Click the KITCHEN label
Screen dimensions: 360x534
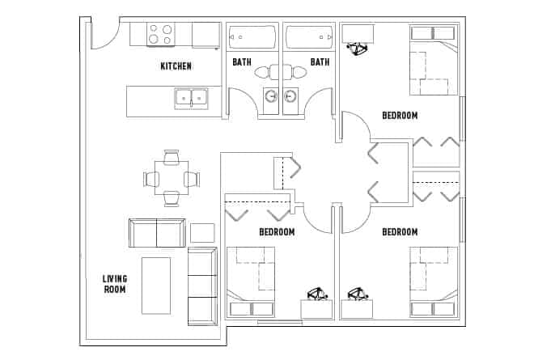click(x=176, y=66)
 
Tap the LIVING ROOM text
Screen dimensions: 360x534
click(x=114, y=284)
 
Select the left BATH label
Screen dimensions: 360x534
click(x=241, y=61)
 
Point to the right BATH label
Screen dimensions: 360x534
click(x=320, y=61)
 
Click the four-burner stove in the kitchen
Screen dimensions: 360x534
click(x=160, y=35)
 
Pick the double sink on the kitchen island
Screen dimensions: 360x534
click(x=191, y=98)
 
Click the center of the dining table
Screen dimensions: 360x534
click(x=171, y=179)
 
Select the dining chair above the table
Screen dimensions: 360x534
click(x=171, y=158)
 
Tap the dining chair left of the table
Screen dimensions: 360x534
click(x=150, y=179)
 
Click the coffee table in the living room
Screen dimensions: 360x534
click(x=156, y=285)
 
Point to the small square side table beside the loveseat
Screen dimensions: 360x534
click(x=202, y=232)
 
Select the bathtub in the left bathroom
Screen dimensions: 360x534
click(x=252, y=37)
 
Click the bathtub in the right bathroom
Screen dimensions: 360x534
click(x=310, y=37)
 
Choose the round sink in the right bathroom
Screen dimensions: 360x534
click(x=291, y=97)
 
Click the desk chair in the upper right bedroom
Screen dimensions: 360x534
click(x=356, y=48)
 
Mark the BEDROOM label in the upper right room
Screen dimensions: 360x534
click(x=400, y=116)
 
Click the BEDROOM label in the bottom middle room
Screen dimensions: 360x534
click(x=277, y=232)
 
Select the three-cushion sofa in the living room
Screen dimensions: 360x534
click(x=202, y=286)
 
